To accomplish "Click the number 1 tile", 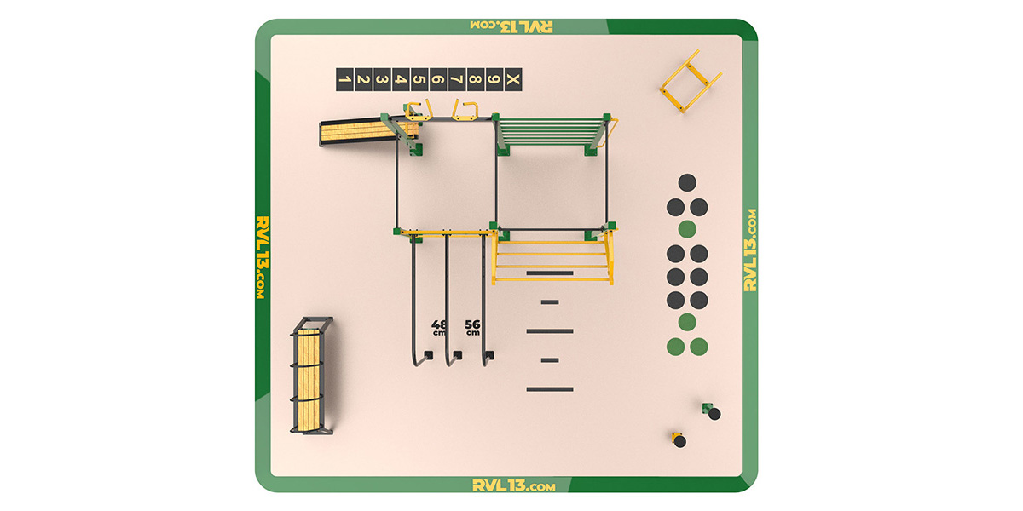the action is point(344,80).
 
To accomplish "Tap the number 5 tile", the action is point(419,80).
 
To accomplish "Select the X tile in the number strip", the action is point(513,80).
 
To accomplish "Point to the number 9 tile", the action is point(494,80).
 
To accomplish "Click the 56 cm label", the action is point(472,327).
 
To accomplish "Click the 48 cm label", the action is point(439,327).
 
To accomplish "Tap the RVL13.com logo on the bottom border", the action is point(514,485).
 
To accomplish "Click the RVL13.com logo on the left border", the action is point(263,258).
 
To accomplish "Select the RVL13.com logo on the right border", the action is point(750,250).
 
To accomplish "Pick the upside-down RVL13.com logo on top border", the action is point(511,26).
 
